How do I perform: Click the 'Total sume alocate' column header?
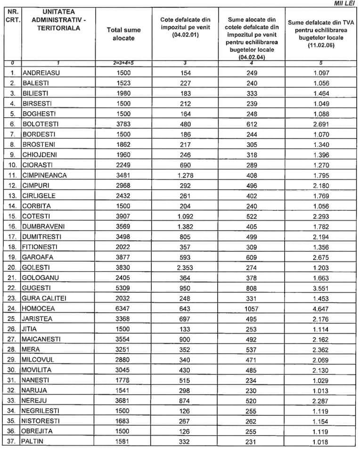coord(123,33)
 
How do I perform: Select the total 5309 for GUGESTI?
coord(124,288)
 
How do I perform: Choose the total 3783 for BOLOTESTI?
coord(124,124)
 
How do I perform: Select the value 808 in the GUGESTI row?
coord(251,288)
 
